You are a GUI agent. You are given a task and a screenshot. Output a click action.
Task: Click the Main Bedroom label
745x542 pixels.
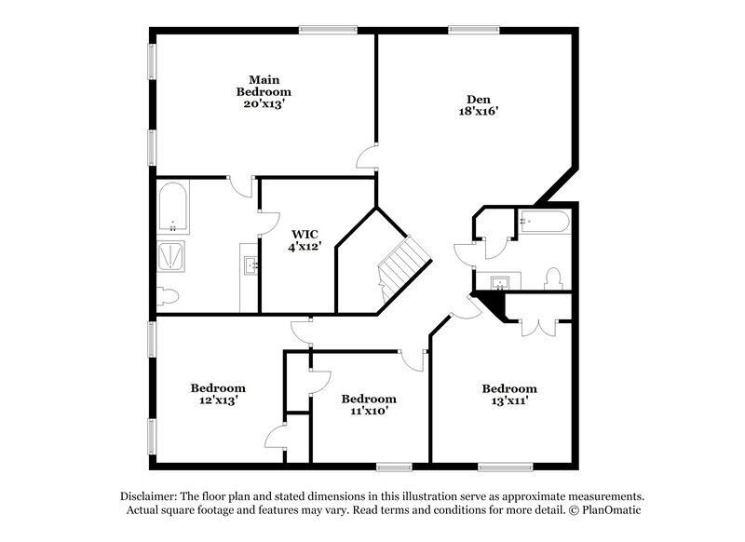[x=264, y=85]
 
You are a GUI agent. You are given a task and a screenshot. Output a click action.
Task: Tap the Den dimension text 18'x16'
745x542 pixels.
[x=479, y=111]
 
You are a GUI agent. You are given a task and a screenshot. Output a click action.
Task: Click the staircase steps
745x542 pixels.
[x=402, y=265]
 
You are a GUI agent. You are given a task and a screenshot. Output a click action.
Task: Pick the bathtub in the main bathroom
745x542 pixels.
[x=173, y=210]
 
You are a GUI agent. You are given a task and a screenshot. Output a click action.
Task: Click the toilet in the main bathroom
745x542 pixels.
[x=168, y=296]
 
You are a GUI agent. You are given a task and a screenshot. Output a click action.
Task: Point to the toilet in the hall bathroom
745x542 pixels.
[x=553, y=278]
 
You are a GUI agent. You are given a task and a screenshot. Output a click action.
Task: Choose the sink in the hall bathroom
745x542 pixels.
[x=498, y=281]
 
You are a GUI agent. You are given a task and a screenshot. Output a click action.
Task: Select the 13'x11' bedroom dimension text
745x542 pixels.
[x=508, y=400]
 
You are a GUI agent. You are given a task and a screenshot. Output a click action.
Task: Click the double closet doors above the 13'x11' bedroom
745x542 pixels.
[x=538, y=325]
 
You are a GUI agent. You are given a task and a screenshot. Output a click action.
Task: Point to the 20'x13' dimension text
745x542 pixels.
[x=264, y=104]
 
